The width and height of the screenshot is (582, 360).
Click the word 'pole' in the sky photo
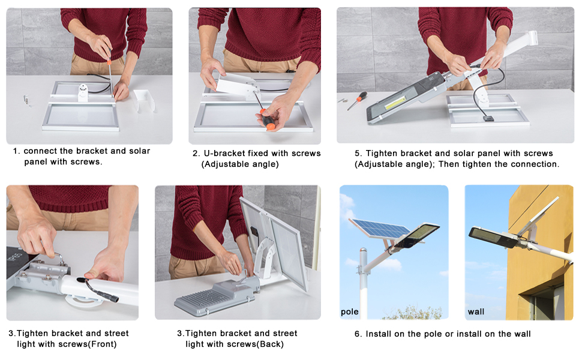point(350,312)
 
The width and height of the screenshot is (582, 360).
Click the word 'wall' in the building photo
point(476,312)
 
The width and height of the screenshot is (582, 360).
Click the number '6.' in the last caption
point(358,334)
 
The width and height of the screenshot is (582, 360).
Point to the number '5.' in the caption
point(358,153)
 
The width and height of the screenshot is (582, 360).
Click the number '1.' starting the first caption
point(16,151)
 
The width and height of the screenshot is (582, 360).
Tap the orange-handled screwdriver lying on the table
point(357,101)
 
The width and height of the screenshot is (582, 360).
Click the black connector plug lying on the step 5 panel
point(488,118)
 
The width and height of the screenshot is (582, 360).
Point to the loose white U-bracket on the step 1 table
point(143,100)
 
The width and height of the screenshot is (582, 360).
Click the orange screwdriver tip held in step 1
point(109,62)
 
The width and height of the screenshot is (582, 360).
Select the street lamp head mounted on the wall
point(493,237)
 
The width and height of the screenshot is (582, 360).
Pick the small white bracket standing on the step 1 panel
point(83,92)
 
